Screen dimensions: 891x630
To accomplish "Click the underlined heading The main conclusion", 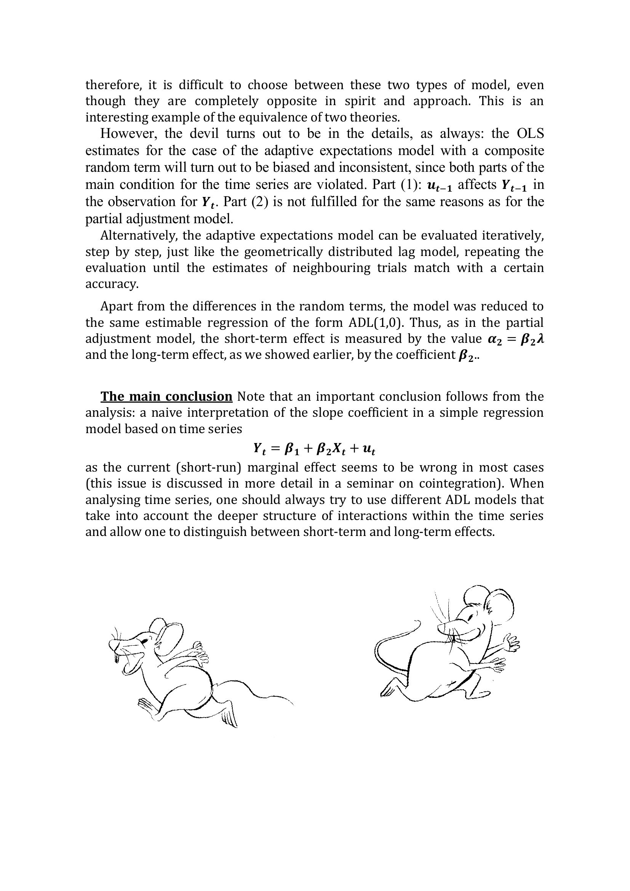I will pos(166,397).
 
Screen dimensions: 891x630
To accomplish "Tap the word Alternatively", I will pos(138,235).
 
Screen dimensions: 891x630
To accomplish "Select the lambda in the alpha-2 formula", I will pos(540,339).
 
